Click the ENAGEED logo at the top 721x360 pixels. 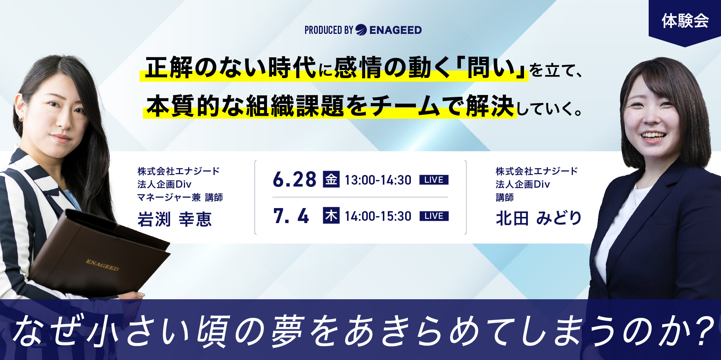pyautogui.click(x=388, y=30)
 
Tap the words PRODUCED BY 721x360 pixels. pyautogui.click(x=329, y=30)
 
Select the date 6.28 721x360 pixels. pyautogui.click(x=294, y=180)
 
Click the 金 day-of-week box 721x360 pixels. pyautogui.click(x=331, y=179)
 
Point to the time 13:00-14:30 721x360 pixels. pyautogui.click(x=378, y=180)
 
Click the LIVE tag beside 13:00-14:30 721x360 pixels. pyautogui.click(x=434, y=180)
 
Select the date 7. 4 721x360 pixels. pyautogui.click(x=291, y=216)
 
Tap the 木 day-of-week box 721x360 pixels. pyautogui.click(x=331, y=215)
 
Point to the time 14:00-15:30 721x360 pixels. pyautogui.click(x=378, y=216)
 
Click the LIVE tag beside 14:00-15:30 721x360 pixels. pyautogui.click(x=434, y=216)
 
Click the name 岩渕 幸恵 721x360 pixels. pyautogui.click(x=174, y=219)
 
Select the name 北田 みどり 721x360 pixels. pyautogui.click(x=539, y=218)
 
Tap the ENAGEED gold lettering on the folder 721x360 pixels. pyautogui.click(x=102, y=265)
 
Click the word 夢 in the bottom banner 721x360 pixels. pyautogui.click(x=288, y=331)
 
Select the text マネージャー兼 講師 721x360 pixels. pyautogui.click(x=180, y=197)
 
